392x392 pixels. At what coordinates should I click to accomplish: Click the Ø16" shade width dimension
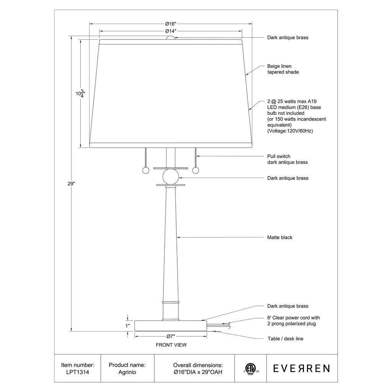click(171, 24)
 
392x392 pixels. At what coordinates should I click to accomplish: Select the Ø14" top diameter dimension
click(171, 31)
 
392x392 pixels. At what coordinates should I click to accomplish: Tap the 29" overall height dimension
click(71, 184)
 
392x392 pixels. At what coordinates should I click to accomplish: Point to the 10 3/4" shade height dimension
click(80, 93)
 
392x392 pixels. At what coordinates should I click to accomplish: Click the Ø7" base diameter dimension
click(170, 336)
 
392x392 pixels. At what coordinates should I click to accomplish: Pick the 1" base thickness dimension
click(127, 326)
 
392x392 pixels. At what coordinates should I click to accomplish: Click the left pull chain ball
click(145, 170)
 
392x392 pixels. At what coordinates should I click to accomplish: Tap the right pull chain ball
click(196, 170)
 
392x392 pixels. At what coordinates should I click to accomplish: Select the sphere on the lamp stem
click(171, 177)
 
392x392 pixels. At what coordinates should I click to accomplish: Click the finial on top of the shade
click(171, 38)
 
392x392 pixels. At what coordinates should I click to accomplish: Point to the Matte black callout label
click(279, 237)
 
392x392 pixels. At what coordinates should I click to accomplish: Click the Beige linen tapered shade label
click(283, 69)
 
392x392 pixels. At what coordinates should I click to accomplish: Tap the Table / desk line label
click(285, 339)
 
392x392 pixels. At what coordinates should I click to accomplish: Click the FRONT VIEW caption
click(171, 345)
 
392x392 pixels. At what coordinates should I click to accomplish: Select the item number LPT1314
click(77, 372)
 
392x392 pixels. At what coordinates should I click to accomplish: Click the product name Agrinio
click(127, 372)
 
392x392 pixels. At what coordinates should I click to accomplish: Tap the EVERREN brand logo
click(301, 369)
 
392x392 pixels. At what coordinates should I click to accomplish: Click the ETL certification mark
click(251, 369)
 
